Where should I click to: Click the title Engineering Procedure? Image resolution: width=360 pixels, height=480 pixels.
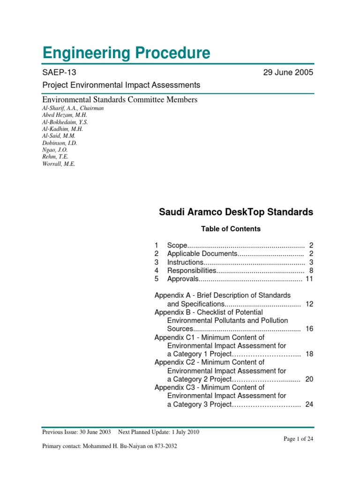point(126,53)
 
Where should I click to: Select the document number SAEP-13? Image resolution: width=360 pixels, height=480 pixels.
point(59,72)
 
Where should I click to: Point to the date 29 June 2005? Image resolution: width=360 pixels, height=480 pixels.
point(288,72)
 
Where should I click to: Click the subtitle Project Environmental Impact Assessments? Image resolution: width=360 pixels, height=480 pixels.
point(121,85)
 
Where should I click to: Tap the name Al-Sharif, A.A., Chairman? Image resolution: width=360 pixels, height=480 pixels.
point(73,108)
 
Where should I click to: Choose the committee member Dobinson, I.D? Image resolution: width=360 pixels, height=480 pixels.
point(60,143)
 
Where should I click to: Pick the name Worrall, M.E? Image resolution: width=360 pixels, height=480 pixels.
point(59,164)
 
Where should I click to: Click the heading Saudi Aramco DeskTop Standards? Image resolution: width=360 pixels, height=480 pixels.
point(236,212)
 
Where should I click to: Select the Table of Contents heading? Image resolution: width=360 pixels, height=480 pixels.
point(231,229)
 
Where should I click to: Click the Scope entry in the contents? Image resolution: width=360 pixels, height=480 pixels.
point(177,246)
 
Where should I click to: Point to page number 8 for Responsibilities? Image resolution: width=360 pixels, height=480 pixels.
point(311,270)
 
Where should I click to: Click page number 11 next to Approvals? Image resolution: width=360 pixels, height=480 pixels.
point(309,279)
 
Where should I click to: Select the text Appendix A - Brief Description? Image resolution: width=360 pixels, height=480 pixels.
point(223,295)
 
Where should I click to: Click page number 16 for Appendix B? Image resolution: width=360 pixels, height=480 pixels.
point(309,329)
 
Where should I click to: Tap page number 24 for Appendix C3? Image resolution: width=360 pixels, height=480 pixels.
point(309,404)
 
